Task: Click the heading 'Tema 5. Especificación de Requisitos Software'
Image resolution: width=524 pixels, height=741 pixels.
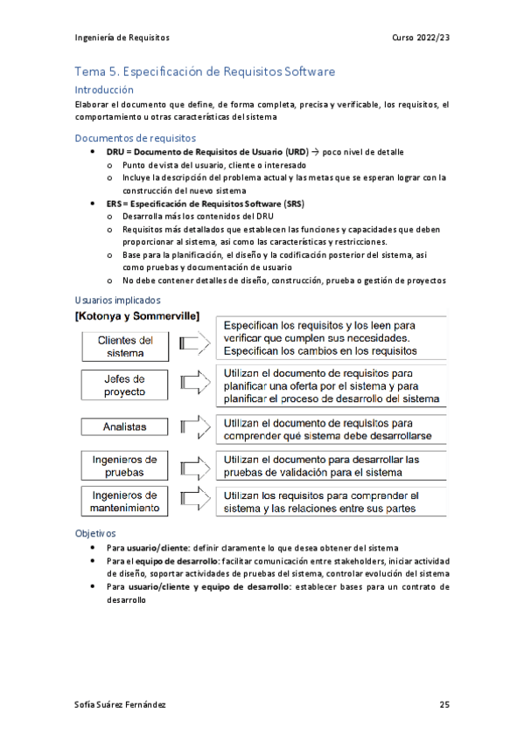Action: tap(205, 72)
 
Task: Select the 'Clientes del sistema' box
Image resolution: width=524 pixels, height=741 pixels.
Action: tap(126, 346)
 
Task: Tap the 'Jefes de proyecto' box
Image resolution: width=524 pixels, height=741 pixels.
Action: tap(126, 385)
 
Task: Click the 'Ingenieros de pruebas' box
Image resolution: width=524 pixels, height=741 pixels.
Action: tap(126, 465)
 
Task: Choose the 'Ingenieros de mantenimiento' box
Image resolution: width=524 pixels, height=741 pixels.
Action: tap(126, 501)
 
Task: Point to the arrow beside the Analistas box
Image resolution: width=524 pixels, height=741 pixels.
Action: tap(193, 426)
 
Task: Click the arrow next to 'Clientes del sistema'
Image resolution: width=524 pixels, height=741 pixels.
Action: tap(193, 346)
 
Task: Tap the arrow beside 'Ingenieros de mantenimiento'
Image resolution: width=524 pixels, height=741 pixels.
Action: tap(193, 501)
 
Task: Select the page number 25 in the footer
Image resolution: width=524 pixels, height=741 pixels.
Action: tap(444, 704)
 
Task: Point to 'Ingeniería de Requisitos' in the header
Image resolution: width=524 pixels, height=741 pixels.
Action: tap(122, 38)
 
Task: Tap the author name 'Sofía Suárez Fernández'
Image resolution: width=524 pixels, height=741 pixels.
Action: tap(121, 704)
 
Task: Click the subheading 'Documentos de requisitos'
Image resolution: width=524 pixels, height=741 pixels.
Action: tap(136, 138)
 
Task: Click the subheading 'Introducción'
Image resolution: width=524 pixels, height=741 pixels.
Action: tap(104, 90)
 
